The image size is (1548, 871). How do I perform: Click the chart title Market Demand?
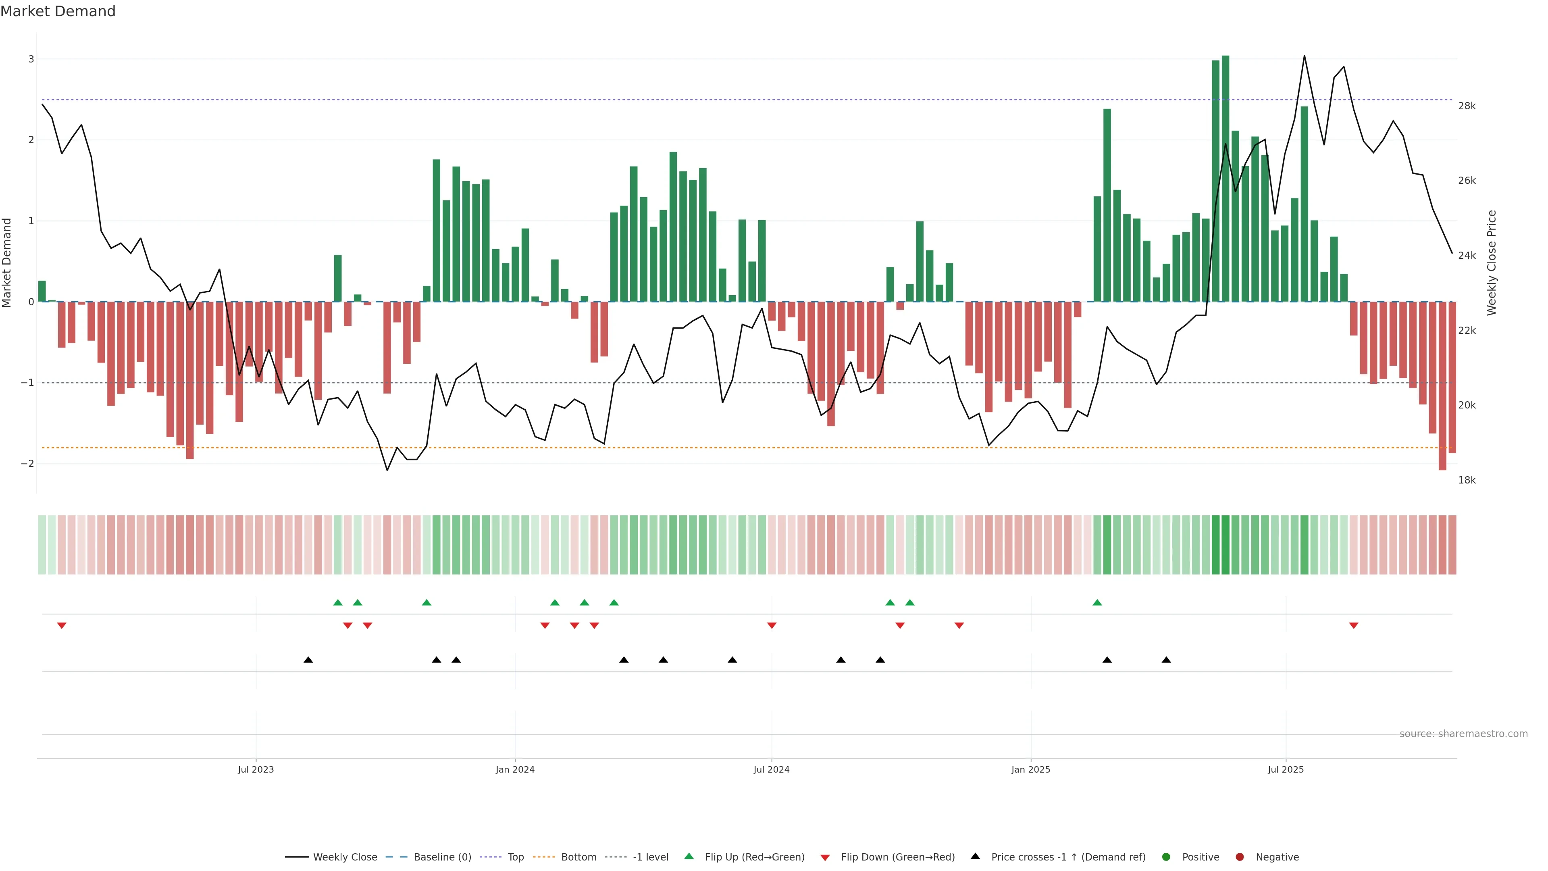pyautogui.click(x=58, y=11)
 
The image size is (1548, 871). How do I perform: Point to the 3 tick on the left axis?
pyautogui.click(x=31, y=59)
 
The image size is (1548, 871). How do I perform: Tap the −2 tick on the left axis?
pyautogui.click(x=28, y=463)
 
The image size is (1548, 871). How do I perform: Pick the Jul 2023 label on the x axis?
pyautogui.click(x=256, y=769)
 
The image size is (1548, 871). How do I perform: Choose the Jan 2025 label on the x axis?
pyautogui.click(x=1031, y=769)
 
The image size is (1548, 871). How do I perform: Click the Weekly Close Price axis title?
pyautogui.click(x=1492, y=263)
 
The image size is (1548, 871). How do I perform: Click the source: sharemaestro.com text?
pyautogui.click(x=1463, y=734)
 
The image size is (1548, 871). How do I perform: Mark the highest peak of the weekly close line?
pyautogui.click(x=1304, y=56)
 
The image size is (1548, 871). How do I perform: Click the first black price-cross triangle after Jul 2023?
pyautogui.click(x=308, y=660)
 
